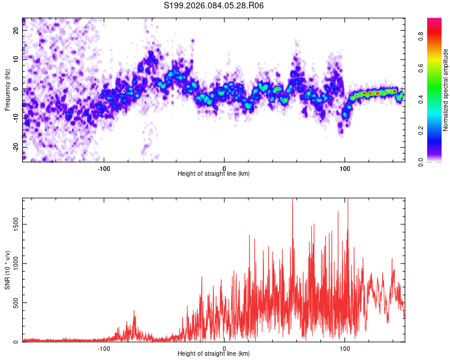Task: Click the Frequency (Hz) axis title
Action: point(7,89)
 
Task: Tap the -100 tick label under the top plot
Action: point(104,167)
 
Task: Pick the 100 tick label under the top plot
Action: point(345,167)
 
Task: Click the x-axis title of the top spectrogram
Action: point(214,173)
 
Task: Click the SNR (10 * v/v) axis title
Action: point(7,269)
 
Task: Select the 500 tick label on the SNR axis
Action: point(15,302)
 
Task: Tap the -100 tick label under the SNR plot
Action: point(104,347)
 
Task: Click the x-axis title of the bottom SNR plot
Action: point(214,353)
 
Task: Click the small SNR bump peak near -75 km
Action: point(134,311)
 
